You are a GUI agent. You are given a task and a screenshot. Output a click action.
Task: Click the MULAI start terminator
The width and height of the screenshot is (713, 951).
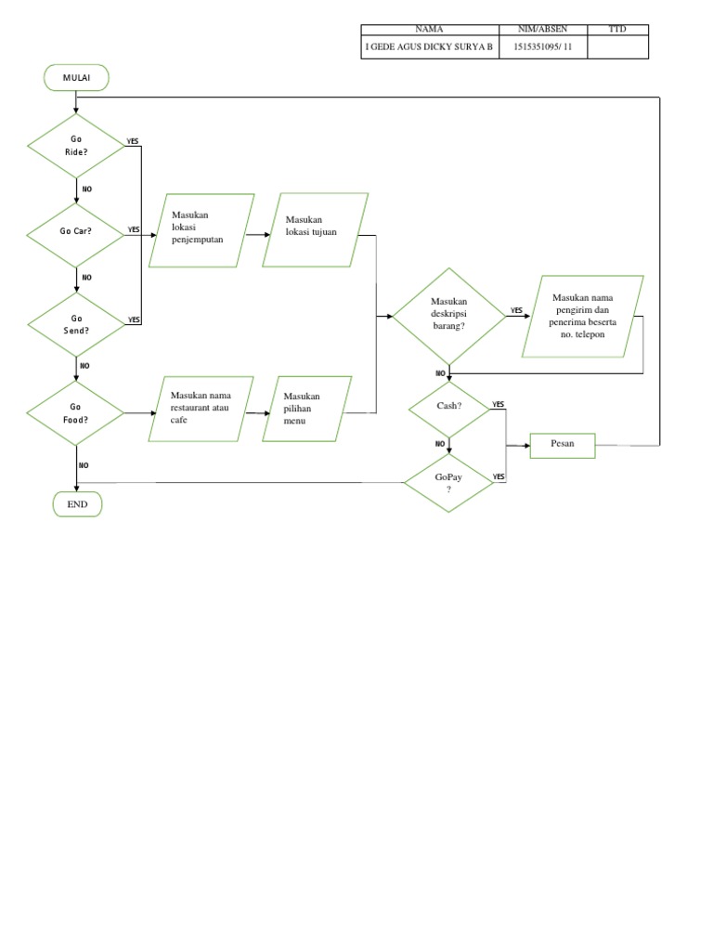click(75, 78)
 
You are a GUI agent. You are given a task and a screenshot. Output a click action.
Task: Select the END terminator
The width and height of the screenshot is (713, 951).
click(76, 504)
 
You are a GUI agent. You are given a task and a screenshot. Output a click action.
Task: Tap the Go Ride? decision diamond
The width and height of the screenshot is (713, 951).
click(76, 146)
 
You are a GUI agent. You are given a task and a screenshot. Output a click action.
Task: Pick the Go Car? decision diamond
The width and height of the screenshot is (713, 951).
click(76, 230)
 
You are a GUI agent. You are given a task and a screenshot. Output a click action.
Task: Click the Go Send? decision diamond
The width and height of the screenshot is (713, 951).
click(76, 324)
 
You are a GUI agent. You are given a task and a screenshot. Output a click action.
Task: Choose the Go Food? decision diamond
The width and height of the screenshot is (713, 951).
click(76, 412)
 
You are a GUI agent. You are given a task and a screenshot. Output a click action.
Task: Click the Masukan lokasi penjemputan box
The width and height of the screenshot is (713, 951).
click(201, 230)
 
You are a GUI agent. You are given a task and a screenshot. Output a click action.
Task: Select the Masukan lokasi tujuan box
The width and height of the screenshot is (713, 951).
click(315, 230)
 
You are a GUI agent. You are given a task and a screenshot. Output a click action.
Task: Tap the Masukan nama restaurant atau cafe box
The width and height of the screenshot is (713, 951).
click(201, 408)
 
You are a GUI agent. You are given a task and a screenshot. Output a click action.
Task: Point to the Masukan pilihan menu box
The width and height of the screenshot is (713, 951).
click(305, 409)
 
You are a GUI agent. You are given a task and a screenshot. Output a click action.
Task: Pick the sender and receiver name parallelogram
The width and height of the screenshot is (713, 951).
click(582, 316)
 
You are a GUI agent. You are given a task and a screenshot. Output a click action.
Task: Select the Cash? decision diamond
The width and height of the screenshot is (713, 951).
click(449, 406)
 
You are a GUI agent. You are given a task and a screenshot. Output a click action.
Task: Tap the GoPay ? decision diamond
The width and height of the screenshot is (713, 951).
click(449, 482)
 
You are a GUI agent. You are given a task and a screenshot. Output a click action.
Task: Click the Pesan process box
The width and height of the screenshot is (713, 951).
click(562, 445)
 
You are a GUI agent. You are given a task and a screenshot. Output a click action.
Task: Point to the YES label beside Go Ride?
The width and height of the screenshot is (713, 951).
click(133, 141)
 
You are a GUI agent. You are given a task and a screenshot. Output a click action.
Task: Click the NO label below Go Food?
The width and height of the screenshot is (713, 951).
click(84, 464)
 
